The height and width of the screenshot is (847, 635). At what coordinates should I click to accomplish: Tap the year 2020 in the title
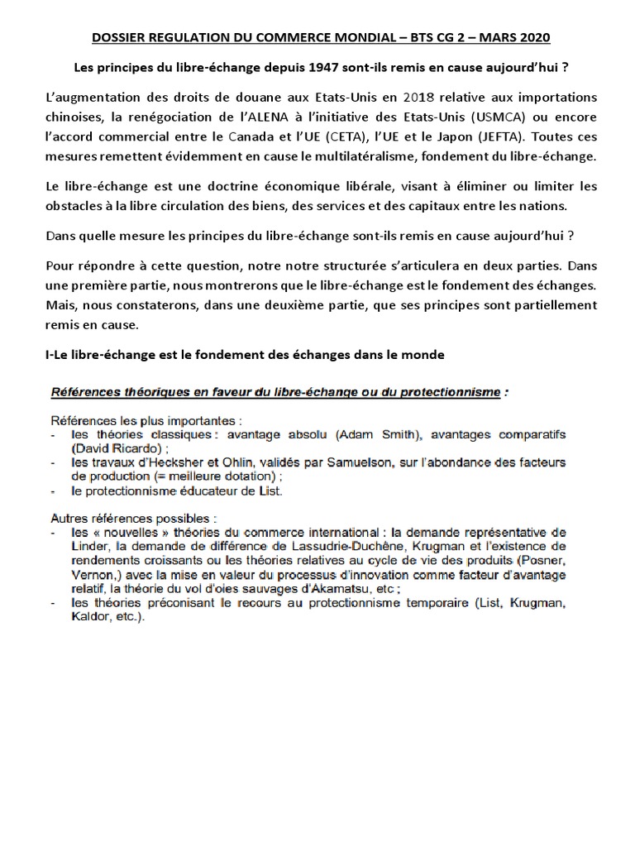532,38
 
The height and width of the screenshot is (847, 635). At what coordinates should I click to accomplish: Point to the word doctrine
227,187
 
